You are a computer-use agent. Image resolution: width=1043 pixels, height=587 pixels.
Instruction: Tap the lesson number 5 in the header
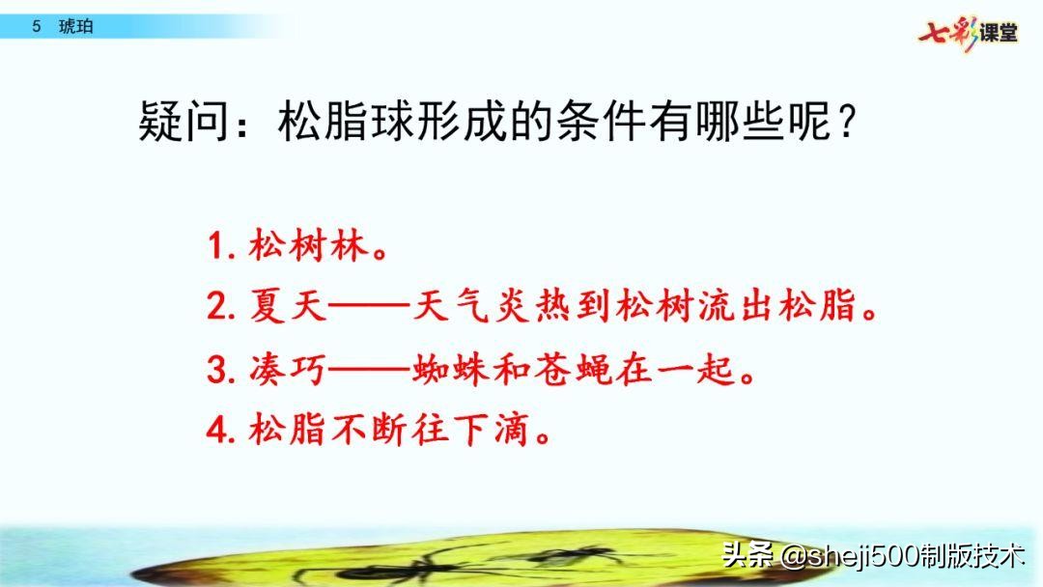click(36, 26)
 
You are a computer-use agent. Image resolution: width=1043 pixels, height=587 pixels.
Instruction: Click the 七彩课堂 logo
click(969, 31)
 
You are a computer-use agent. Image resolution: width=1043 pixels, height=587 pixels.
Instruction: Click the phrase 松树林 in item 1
click(309, 248)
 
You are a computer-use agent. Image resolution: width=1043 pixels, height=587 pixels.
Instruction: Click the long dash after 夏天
click(369, 309)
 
